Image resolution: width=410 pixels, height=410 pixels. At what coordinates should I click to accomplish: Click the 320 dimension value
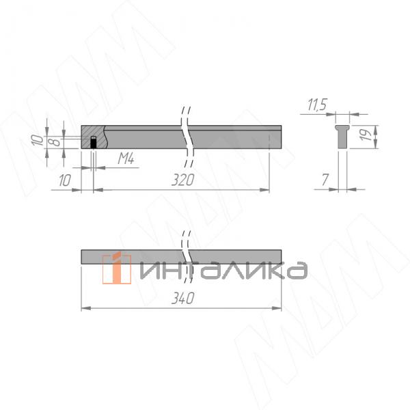coord(183,180)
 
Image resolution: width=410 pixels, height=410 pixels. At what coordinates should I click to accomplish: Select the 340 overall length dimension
coord(182,299)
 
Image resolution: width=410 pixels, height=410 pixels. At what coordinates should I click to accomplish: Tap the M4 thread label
coord(125,159)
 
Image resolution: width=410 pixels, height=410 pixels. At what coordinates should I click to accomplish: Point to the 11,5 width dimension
coord(317,105)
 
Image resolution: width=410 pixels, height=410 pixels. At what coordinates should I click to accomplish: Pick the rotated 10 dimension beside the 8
coord(38,141)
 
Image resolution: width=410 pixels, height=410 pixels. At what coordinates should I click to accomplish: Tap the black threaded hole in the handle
coord(94,143)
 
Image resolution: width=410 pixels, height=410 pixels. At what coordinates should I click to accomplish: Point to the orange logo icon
coord(117,268)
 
